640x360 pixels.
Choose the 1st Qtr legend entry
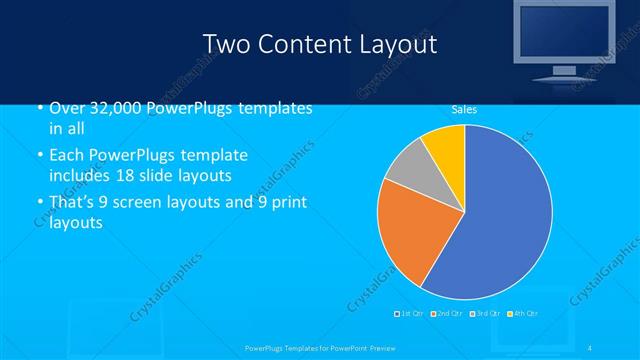(x=410, y=314)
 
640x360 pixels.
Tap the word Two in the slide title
(x=224, y=44)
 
